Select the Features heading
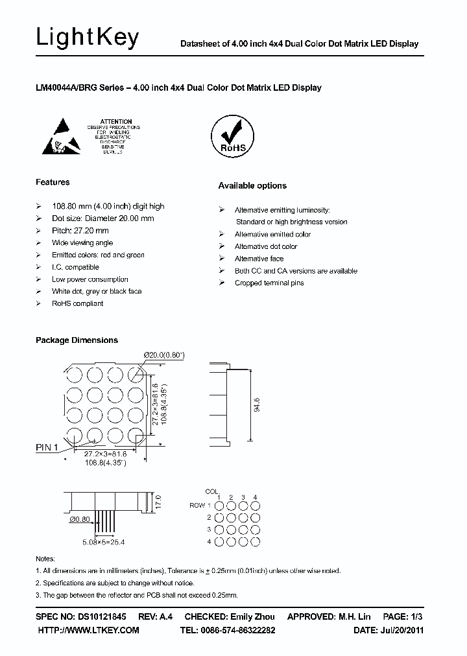coord(53,182)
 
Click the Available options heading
coord(252,186)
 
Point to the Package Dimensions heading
coord(77,340)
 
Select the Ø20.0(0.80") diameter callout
coord(165,355)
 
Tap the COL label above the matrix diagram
coord(211,491)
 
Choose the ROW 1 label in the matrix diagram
coord(198,505)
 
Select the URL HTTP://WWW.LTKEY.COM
coord(89,630)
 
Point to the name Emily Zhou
coord(252,616)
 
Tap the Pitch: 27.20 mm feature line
coord(80,231)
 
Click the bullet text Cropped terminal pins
coord(269,283)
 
